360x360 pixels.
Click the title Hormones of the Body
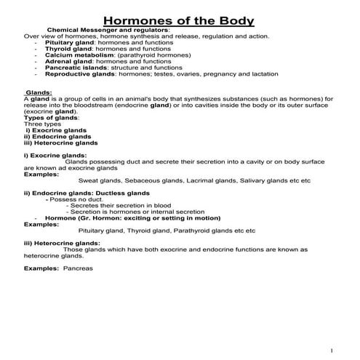180,20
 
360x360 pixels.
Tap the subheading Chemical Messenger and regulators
108,30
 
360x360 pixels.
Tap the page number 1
331,349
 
